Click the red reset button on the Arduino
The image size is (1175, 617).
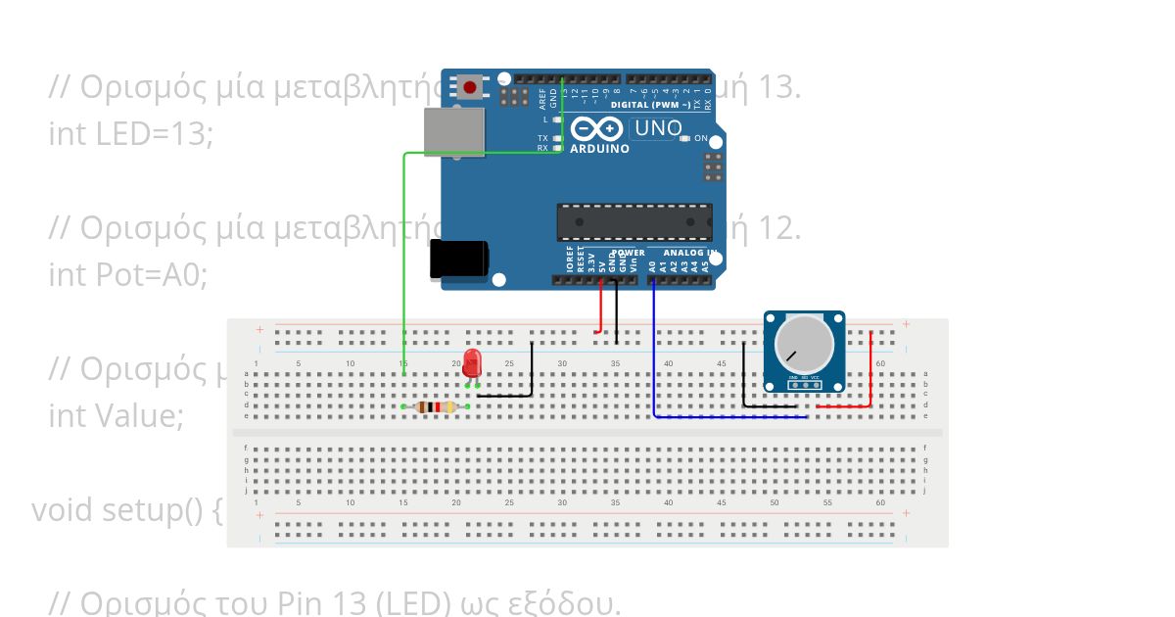471,88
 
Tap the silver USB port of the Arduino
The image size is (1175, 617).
454,130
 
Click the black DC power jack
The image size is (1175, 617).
458,260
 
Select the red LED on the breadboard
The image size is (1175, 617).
473,362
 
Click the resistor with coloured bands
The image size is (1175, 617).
436,406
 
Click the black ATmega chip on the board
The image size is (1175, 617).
634,221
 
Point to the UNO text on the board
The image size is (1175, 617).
658,128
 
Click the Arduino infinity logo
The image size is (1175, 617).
597,128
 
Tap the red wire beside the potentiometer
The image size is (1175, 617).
870,372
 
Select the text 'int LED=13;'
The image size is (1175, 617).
130,134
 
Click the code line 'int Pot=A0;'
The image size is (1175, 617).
128,275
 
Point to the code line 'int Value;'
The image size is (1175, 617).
116,416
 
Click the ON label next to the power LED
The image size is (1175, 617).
701,138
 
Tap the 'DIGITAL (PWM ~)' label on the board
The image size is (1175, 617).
649,104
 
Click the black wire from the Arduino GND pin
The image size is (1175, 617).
616,313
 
